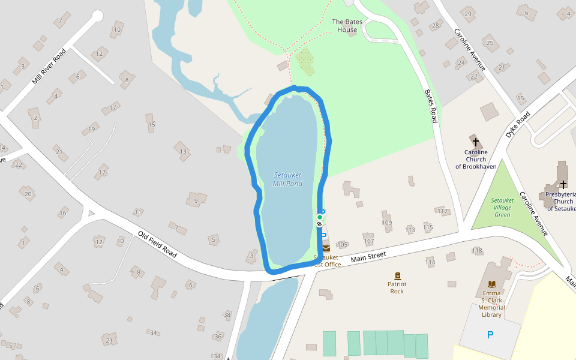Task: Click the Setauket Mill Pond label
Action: [287, 179]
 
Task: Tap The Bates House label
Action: [347, 26]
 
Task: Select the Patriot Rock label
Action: [397, 287]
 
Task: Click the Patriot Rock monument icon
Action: [397, 275]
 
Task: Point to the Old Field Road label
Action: [157, 244]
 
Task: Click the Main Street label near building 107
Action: [368, 257]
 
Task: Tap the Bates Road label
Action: [431, 106]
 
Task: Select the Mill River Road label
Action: [49, 67]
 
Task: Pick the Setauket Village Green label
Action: [502, 208]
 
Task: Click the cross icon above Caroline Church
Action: [476, 142]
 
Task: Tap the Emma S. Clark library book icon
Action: [492, 284]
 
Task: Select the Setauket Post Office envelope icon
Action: [326, 248]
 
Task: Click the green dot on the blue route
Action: [319, 217]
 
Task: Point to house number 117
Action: [443, 211]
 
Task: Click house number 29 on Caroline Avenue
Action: [467, 13]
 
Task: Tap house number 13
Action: [183, 151]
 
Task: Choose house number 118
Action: [477, 250]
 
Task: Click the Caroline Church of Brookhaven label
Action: [476, 159]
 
